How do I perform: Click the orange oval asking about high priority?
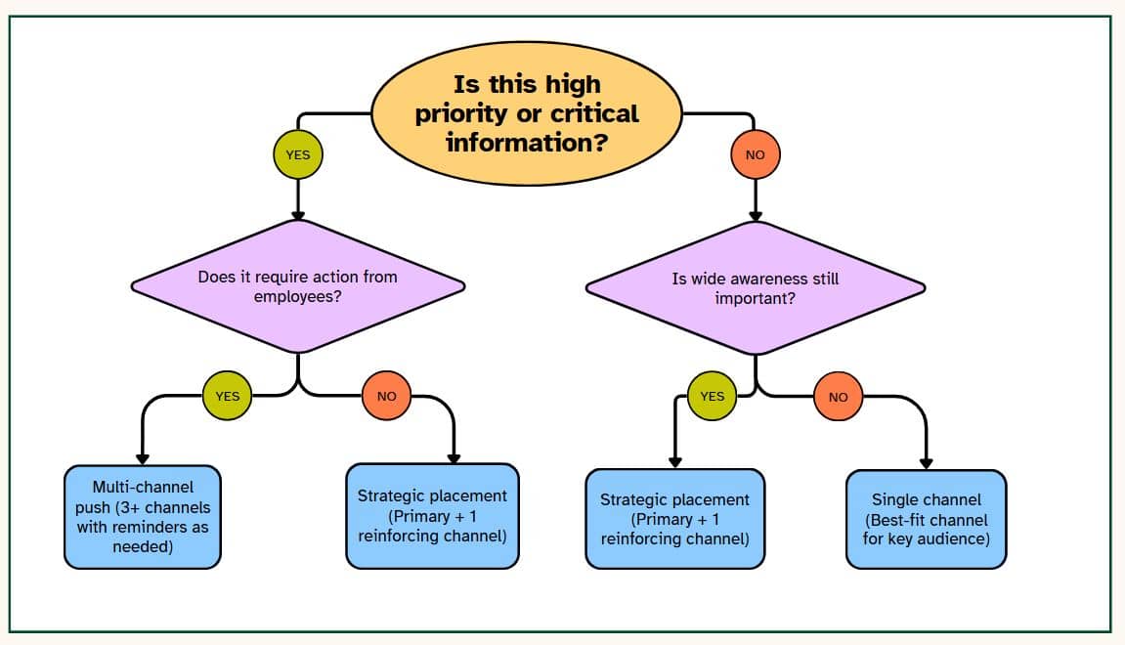click(527, 113)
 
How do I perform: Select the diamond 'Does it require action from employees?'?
click(298, 286)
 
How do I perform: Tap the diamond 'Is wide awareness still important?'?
click(756, 287)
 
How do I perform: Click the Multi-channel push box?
click(143, 517)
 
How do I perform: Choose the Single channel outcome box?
click(927, 520)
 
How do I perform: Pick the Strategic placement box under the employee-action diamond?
click(433, 516)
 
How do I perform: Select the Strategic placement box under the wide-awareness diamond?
click(675, 519)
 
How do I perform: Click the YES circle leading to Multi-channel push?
click(228, 396)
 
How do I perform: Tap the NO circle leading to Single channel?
click(838, 397)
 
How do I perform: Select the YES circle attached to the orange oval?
click(298, 154)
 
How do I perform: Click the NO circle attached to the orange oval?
click(756, 154)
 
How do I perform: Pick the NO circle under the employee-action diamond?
click(387, 396)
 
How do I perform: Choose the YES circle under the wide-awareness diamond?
click(712, 396)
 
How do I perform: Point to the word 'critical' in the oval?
click(594, 113)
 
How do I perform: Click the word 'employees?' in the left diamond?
click(298, 296)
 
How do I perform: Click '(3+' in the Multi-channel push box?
click(128, 507)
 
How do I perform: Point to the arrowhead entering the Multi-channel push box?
click(143, 459)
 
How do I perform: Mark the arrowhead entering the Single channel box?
click(927, 463)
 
